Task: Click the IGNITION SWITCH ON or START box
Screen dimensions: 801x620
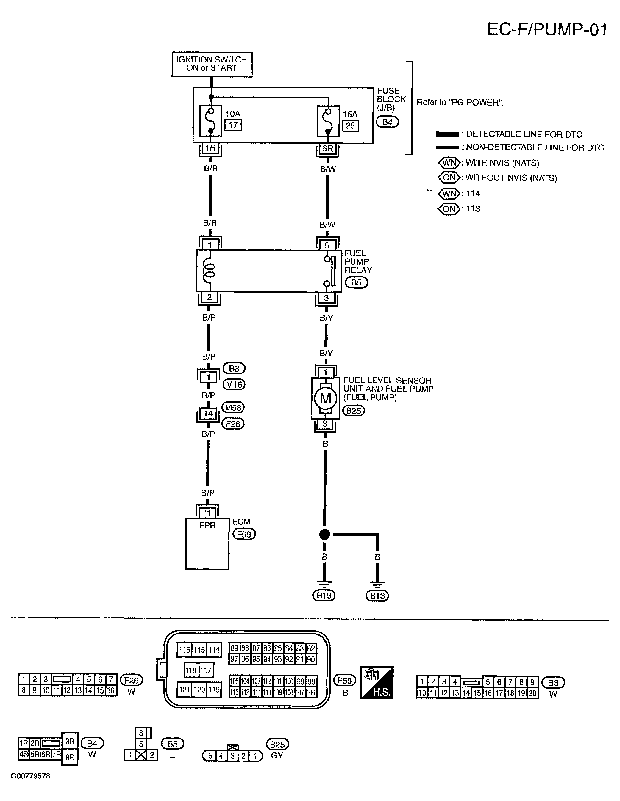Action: click(212, 64)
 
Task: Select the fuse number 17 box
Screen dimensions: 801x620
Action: click(233, 125)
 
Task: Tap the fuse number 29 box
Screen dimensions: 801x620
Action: click(350, 125)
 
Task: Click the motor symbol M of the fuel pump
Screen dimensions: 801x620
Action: click(325, 398)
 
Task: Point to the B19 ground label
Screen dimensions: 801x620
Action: click(324, 595)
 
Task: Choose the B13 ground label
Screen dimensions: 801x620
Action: click(377, 596)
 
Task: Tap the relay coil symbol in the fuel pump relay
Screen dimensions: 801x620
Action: click(210, 271)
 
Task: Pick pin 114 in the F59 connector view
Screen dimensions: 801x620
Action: click(214, 650)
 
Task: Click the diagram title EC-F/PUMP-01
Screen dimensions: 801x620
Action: click(546, 29)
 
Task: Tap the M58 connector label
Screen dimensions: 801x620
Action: click(233, 407)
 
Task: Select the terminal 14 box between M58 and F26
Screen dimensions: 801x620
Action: click(208, 414)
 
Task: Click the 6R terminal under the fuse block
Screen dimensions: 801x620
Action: click(327, 149)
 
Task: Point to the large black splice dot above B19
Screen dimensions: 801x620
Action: click(324, 534)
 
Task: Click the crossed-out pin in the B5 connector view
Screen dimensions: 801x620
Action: click(141, 755)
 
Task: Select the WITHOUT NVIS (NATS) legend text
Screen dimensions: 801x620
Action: click(511, 178)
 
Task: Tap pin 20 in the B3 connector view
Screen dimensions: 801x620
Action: click(532, 693)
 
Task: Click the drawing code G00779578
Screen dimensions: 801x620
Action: click(30, 776)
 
